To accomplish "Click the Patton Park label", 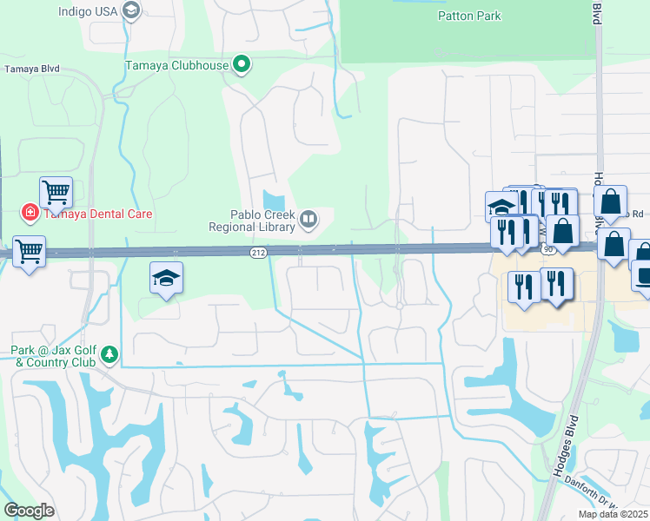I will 470,16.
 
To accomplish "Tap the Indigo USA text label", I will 87,11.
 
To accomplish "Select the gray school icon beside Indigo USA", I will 131,10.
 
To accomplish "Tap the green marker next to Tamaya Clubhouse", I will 242,64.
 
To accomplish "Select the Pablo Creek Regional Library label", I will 251,221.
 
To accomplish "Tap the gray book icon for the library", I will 308,221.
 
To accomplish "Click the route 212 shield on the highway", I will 259,252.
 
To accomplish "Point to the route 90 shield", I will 547,249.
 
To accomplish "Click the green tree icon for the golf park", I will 109,353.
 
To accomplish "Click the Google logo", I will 29,510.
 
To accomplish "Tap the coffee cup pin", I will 643,276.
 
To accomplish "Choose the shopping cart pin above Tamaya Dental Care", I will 56,193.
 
